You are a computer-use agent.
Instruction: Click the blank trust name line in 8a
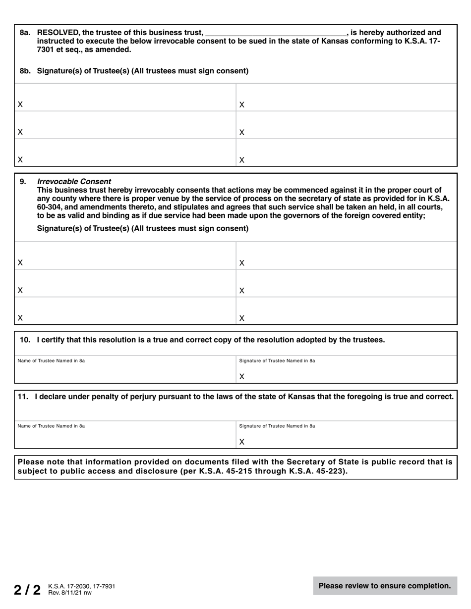275,34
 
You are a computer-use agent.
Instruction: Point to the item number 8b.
25,71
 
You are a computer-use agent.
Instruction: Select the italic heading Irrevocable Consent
74,181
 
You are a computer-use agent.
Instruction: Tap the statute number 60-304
52,207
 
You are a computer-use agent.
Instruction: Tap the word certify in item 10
55,340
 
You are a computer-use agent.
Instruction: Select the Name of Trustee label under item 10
51,360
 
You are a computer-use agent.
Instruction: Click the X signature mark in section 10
242,377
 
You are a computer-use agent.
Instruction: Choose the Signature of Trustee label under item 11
277,426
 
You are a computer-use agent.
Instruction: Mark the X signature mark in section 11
242,442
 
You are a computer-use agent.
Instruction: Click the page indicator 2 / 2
27,590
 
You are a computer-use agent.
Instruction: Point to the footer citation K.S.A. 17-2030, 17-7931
81,586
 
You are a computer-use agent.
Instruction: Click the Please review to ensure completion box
385,586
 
